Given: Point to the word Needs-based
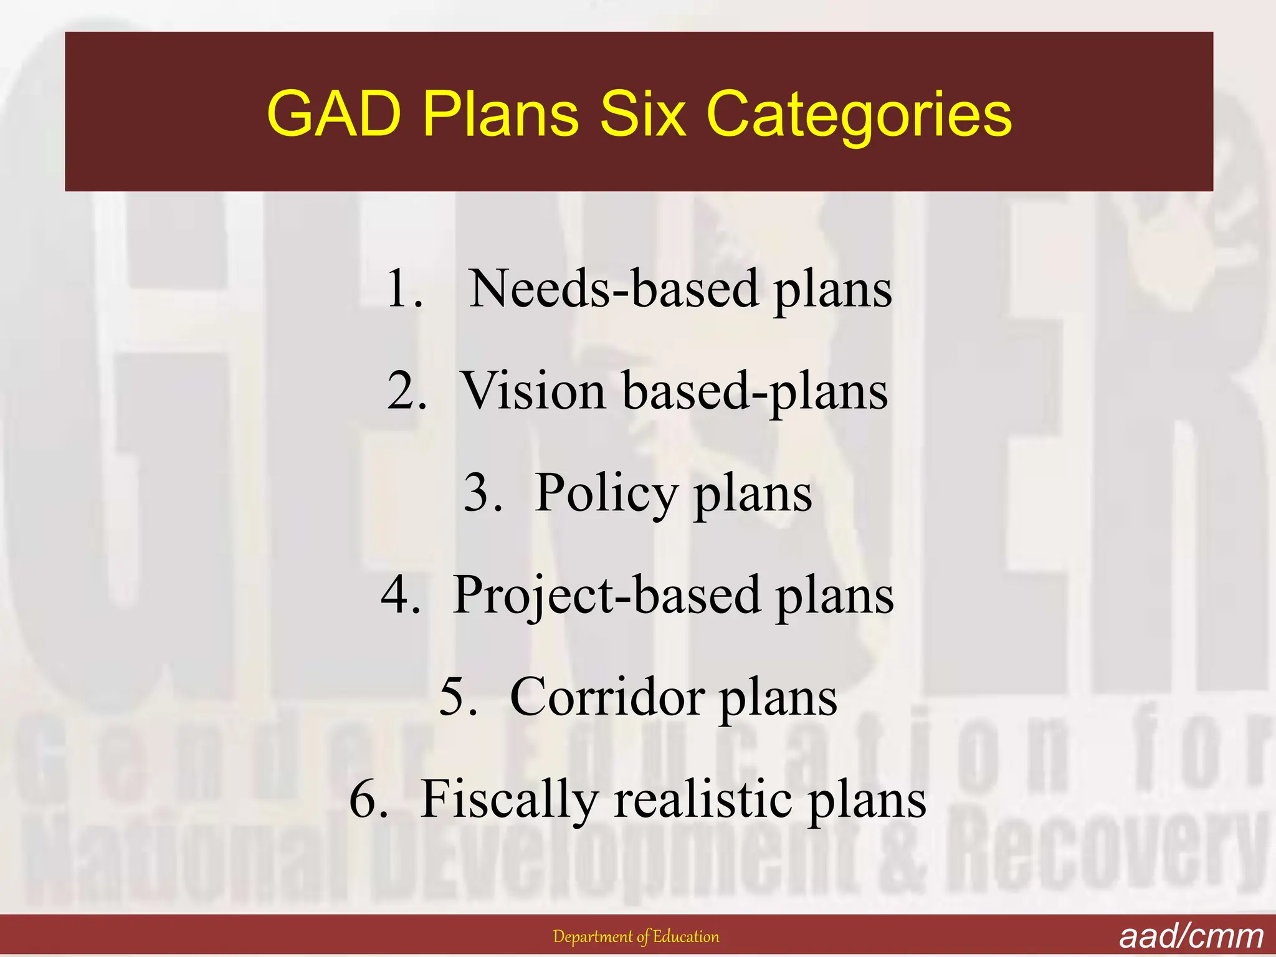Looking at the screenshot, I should click(x=614, y=288).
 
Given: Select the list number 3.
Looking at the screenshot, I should click(x=482, y=492).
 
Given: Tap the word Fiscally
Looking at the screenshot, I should click(x=509, y=801).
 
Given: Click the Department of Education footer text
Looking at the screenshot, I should click(x=636, y=936).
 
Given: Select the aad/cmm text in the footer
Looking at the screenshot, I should click(x=1191, y=936).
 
